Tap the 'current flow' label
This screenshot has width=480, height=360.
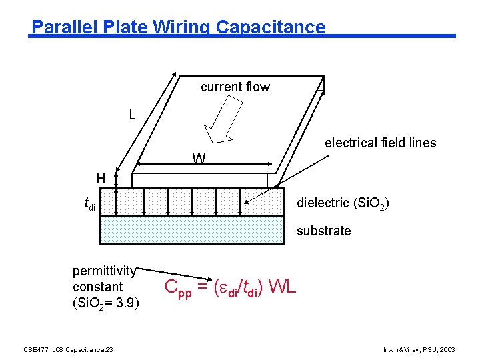[235, 87]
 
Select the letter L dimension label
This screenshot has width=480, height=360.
[133, 115]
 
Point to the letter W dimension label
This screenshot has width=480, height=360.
[199, 159]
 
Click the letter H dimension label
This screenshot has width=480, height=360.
[101, 178]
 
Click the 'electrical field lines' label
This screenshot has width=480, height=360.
[380, 143]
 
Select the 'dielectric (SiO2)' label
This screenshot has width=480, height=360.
[341, 203]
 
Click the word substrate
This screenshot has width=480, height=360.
[323, 231]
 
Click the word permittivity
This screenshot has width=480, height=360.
[104, 271]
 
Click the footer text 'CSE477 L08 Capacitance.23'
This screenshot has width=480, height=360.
[68, 349]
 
